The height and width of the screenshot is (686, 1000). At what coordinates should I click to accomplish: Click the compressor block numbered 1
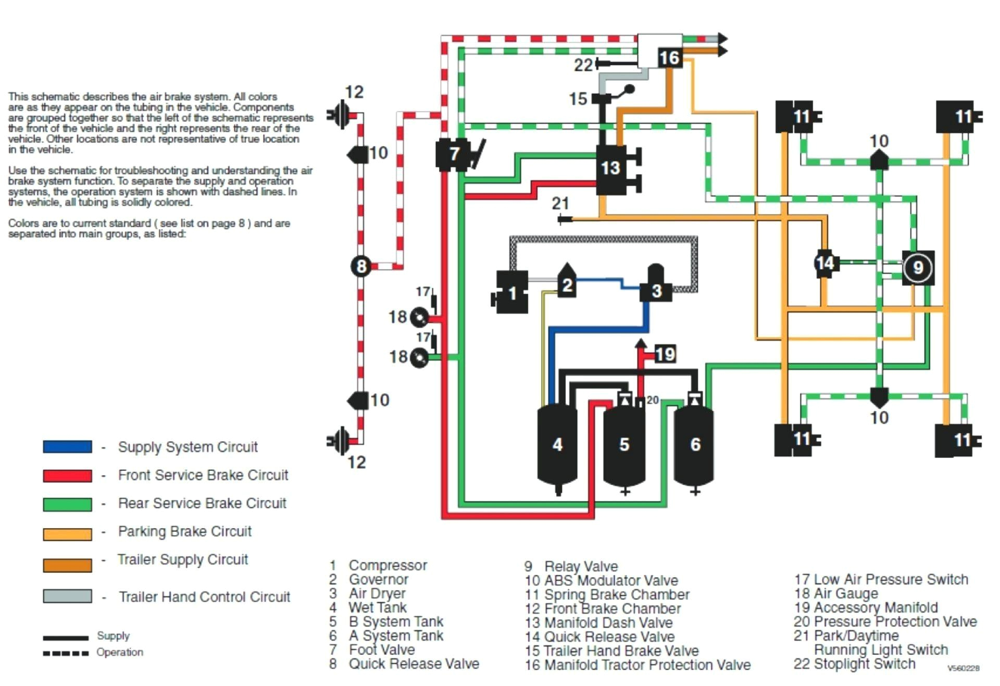pos(511,293)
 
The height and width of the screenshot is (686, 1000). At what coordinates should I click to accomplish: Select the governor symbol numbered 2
pos(567,284)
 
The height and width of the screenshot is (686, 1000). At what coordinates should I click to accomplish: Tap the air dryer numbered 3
pos(656,289)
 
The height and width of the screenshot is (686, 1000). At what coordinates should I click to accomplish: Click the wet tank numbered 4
pos(557,444)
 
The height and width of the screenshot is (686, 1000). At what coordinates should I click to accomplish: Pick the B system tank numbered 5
pos(624,444)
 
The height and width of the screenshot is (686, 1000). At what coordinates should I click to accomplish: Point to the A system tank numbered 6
pos(695,444)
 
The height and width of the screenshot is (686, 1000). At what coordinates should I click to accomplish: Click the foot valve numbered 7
pos(453,154)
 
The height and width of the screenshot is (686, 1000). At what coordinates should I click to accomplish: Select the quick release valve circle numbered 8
pos(361,266)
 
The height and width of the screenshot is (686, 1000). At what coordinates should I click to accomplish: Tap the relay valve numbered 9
pos(918,268)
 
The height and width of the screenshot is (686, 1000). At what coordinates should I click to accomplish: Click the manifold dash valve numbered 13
pos(610,168)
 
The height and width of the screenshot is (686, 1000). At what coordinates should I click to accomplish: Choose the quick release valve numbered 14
pos(825,263)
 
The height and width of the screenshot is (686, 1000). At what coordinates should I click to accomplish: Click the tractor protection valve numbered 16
pos(669,57)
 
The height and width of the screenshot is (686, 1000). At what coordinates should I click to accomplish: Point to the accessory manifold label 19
pos(665,354)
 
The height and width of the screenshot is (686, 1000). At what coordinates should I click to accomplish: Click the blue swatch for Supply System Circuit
pos(67,447)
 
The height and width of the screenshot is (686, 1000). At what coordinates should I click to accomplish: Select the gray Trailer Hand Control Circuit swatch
pos(67,596)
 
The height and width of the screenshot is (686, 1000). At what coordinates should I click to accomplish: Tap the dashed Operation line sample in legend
pos(66,653)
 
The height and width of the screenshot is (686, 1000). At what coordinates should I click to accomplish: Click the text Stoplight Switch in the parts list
pos(864,664)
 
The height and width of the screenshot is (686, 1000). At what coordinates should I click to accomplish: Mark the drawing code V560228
pos(963,668)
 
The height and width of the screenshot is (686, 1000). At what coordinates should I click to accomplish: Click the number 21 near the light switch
pos(560,203)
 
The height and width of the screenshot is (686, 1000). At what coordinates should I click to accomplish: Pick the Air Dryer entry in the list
pos(377,593)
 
